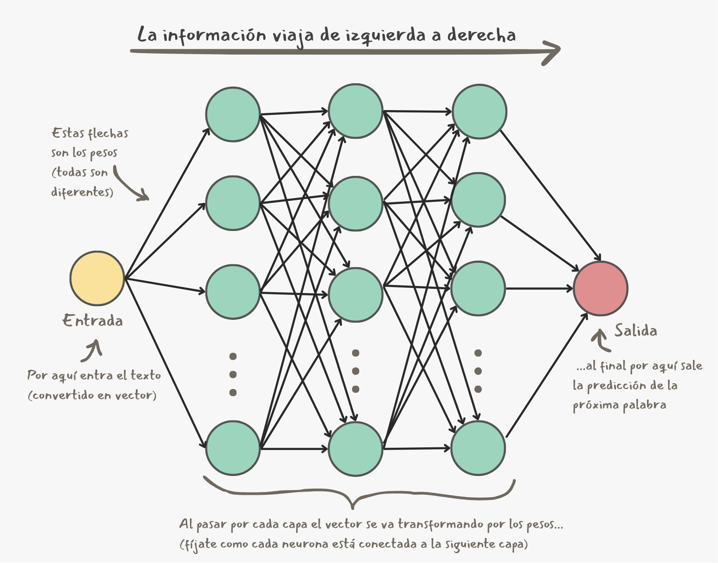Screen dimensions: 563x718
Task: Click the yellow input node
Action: coord(97,278)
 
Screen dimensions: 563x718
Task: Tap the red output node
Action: coord(600,288)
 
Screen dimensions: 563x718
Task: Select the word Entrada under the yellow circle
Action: coord(93,321)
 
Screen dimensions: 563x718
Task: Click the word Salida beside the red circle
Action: coord(636,331)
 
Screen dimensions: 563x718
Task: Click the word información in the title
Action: coord(214,36)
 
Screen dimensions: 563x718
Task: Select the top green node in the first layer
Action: coord(233,114)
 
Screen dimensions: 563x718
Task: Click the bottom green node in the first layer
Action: coord(233,448)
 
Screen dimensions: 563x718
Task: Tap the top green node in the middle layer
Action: coord(355,111)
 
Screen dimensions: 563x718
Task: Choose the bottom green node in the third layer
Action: coord(478,448)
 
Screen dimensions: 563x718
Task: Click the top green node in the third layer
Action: coord(479,111)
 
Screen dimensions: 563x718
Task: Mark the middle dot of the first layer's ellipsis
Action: coord(233,374)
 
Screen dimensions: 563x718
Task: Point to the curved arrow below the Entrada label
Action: coord(92,351)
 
